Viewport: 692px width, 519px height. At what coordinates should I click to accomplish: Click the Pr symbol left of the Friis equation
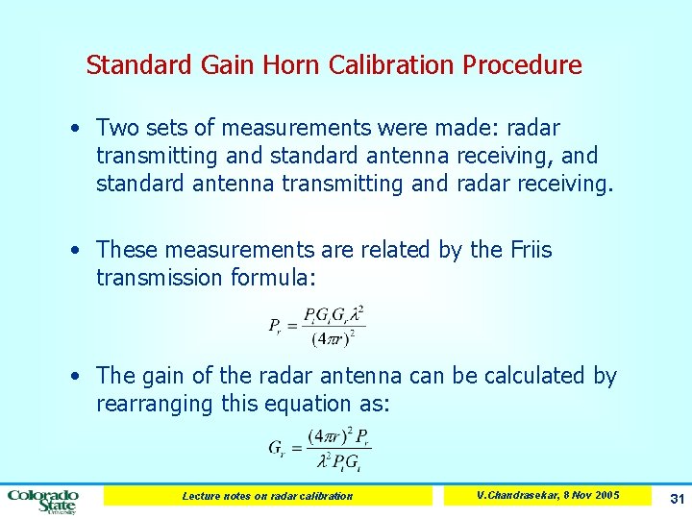click(276, 325)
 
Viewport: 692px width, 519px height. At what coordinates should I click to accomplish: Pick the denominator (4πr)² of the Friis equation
click(334, 338)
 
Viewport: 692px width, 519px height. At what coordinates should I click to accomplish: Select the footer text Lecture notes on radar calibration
click(267, 496)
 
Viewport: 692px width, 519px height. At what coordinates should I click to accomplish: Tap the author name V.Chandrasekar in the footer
click(515, 495)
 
